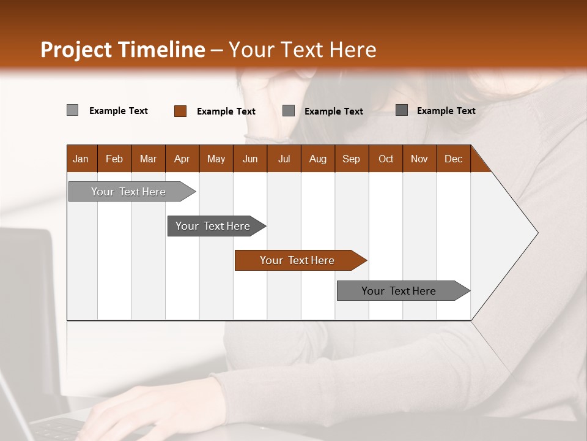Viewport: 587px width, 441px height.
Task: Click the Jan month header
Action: (x=81, y=159)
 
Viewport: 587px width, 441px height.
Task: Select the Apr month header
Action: (x=182, y=159)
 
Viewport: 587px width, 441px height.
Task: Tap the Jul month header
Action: (x=284, y=159)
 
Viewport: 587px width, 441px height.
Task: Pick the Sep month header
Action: (x=351, y=159)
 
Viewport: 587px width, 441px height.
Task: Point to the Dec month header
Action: (x=453, y=159)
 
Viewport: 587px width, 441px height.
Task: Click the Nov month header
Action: (x=419, y=159)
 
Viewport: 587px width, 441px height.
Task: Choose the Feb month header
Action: (x=114, y=159)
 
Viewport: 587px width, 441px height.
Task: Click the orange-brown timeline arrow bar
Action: (x=297, y=260)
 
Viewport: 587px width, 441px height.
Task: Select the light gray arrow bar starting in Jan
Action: (x=128, y=192)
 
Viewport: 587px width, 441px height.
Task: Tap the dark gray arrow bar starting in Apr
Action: (x=213, y=226)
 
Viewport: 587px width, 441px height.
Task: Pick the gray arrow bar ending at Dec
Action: (x=399, y=291)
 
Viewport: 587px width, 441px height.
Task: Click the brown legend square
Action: (x=180, y=111)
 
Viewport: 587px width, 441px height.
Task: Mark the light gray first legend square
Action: (x=72, y=110)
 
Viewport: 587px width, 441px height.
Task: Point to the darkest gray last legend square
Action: (x=401, y=110)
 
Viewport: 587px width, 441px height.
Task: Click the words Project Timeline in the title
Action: (x=122, y=49)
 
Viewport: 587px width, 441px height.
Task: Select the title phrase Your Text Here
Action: (x=302, y=49)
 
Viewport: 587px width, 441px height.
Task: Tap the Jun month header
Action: (x=250, y=159)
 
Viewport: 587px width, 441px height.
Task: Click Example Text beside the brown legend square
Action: (x=226, y=111)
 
